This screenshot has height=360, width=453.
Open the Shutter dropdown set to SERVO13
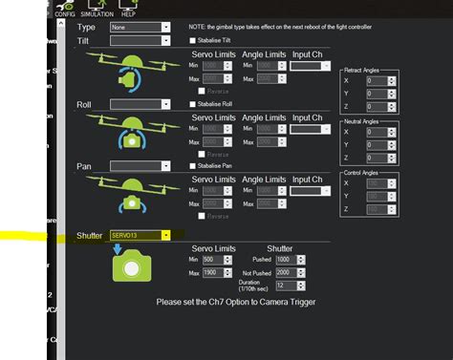pyautogui.click(x=140, y=234)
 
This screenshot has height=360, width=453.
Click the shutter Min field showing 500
pyautogui.click(x=215, y=259)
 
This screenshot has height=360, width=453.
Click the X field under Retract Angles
pyautogui.click(x=380, y=80)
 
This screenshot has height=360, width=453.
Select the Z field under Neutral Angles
pyautogui.click(x=380, y=157)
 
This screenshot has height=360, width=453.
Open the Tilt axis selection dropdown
pyautogui.click(x=140, y=41)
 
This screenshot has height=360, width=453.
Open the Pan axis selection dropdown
pyautogui.click(x=140, y=166)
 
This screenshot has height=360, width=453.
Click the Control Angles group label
pyautogui.click(x=368, y=172)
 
